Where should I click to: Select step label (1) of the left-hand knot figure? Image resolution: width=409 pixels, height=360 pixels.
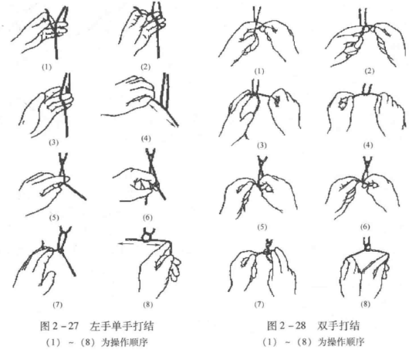click(49, 66)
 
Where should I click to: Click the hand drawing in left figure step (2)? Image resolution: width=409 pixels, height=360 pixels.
click(140, 31)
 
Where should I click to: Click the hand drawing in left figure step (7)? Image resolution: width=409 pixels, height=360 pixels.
click(42, 259)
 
